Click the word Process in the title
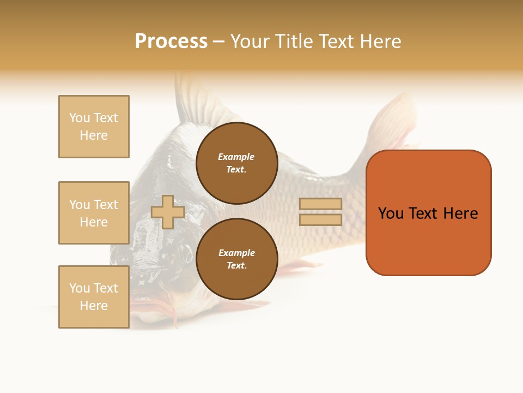tap(171, 41)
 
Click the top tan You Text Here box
tap(94, 127)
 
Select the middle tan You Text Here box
tap(94, 213)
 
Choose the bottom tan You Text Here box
tap(94, 297)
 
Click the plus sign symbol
tap(168, 212)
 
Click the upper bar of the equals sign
tap(320, 204)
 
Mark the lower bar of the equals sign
tap(320, 219)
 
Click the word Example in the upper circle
tap(236, 157)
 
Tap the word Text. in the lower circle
tap(236, 266)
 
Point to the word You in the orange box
tap(391, 213)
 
